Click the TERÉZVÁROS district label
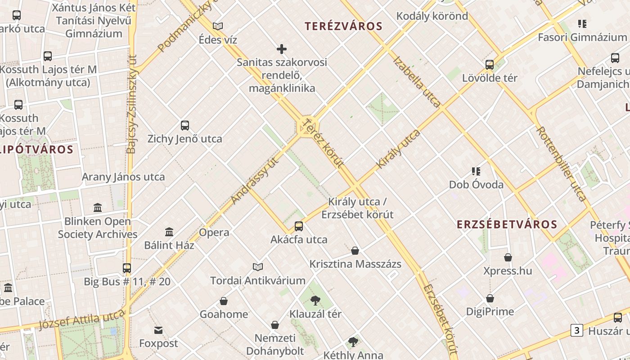tap(343, 26)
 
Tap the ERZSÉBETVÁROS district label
tap(507, 224)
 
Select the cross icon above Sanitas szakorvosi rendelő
tap(282, 49)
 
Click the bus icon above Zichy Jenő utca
tap(184, 125)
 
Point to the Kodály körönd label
tap(432, 16)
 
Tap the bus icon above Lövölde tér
tap(490, 64)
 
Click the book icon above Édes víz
tap(218, 26)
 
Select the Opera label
tap(214, 233)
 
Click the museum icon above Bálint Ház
tap(169, 232)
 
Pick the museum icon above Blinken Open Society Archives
tap(98, 207)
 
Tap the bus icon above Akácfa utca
tap(299, 226)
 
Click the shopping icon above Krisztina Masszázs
tap(355, 251)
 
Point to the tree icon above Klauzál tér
tap(315, 300)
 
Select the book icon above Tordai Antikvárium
tap(258, 267)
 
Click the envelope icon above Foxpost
tap(158, 331)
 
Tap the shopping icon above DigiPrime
tap(490, 298)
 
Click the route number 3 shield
tap(576, 330)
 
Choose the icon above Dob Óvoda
tap(476, 171)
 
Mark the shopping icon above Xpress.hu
tap(508, 257)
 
